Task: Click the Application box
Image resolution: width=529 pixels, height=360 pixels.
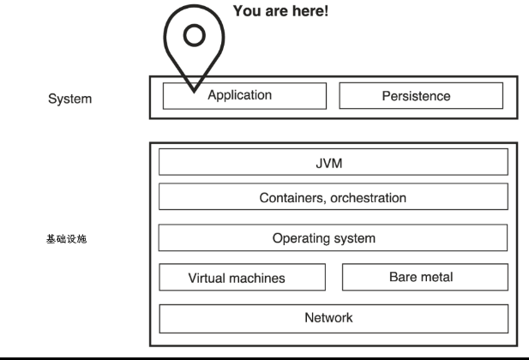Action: coord(244,96)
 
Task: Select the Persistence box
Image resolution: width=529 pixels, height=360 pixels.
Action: coord(421,96)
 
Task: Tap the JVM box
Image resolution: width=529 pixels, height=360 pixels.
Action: coord(334,162)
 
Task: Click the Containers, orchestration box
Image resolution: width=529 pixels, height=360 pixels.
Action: coord(334,196)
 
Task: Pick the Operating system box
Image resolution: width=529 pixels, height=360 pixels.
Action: coord(333,237)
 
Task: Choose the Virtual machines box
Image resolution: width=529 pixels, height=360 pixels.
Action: coord(243,277)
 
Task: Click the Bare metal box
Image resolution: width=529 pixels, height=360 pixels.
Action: coord(425,277)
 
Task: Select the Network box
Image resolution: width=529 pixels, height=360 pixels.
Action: coord(334,319)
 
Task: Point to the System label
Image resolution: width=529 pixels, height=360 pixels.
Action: coord(69,99)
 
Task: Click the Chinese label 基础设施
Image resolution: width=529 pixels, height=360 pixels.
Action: coord(67,239)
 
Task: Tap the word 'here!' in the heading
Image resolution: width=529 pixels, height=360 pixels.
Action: coord(310,11)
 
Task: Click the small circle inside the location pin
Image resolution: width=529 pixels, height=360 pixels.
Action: coord(195,35)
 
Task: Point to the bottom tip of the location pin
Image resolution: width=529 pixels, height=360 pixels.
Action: coord(194,92)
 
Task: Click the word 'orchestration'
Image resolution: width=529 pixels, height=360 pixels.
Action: coord(369,198)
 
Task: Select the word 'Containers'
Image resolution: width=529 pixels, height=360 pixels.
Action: coord(293,198)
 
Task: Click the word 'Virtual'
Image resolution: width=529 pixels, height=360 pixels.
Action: coord(207,278)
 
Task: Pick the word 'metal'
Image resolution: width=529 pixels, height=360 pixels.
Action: coord(436,277)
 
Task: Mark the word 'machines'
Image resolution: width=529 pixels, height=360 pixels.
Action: coord(257,279)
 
